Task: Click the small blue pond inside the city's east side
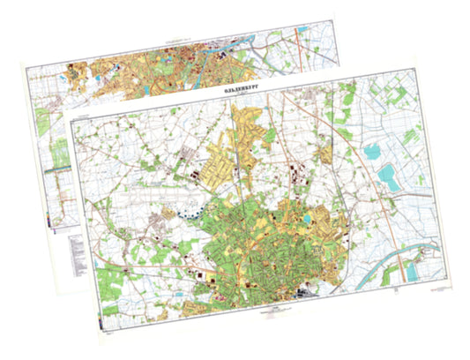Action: (x=305, y=217)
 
